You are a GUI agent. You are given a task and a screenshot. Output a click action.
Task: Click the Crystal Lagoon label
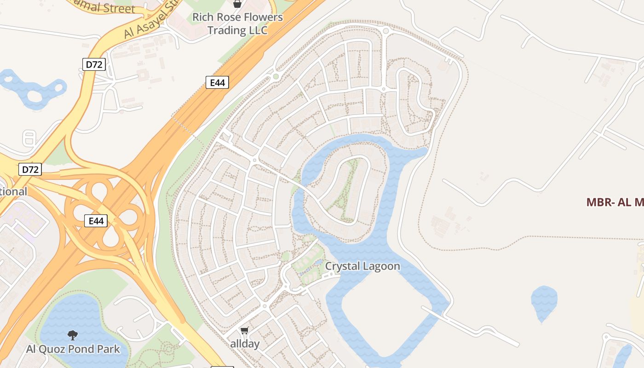[x=362, y=266]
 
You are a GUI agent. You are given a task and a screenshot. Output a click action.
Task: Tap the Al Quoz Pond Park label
[x=73, y=349]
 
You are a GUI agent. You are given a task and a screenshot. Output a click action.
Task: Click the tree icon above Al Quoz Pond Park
[x=72, y=335]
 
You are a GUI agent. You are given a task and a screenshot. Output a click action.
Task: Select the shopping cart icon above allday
[x=245, y=331]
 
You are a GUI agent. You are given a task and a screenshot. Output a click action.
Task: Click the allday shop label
[x=245, y=344]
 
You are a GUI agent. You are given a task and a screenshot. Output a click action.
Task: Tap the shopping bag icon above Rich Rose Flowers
[x=237, y=4]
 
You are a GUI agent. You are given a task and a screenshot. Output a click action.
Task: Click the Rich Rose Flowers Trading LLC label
[x=237, y=23]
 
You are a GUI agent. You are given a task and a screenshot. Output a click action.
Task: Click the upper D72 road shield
[x=94, y=64]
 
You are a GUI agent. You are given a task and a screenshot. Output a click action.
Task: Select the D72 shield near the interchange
[x=30, y=169]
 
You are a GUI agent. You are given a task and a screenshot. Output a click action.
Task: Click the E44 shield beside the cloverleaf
[x=96, y=221]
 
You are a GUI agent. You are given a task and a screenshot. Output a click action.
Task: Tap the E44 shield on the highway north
[x=217, y=83]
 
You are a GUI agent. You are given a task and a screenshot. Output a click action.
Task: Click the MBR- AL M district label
[x=615, y=202]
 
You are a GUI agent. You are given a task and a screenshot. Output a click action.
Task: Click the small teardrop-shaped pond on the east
[x=544, y=301]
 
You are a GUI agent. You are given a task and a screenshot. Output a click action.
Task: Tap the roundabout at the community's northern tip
[x=385, y=31]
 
